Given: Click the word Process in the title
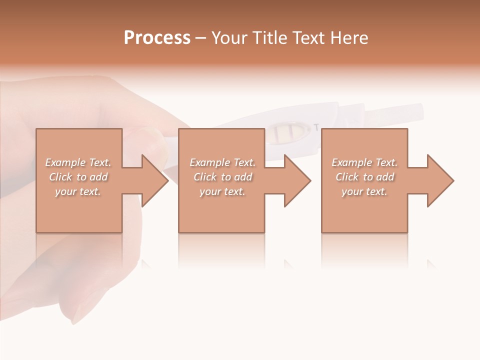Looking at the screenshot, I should (157, 38).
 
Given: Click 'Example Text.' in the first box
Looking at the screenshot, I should (78, 162).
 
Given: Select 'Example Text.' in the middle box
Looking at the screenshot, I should (222, 162).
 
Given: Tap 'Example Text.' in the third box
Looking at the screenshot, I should (364, 162).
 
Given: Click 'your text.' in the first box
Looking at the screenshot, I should (78, 191).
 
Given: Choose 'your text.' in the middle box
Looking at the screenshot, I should (222, 191).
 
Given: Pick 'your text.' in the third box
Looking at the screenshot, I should (364, 191).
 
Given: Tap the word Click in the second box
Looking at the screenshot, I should (205, 177).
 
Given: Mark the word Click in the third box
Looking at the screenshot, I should (347, 177).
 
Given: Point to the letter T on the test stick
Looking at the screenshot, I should (315, 127).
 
